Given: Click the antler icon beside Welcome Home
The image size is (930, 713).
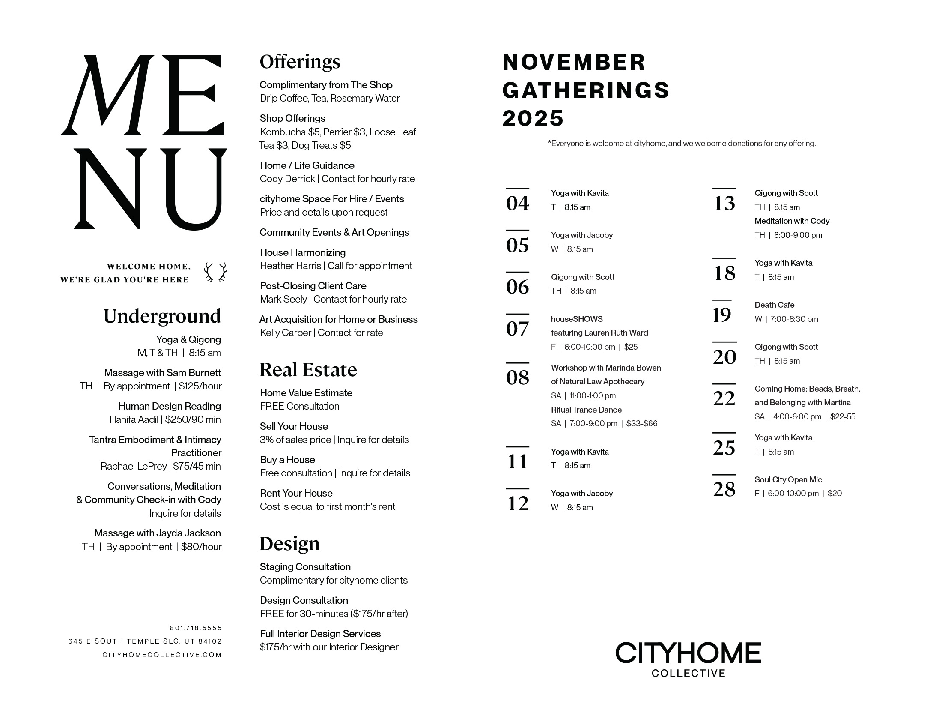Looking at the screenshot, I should [x=215, y=273].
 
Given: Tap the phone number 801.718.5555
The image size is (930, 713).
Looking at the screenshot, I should [x=196, y=628].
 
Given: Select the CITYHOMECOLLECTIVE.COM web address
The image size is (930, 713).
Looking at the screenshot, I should [x=162, y=655].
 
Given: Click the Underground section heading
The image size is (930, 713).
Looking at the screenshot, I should [x=162, y=316].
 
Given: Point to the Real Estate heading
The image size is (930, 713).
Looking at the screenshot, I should [x=308, y=370].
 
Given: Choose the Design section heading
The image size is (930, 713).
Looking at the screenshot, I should [x=289, y=544].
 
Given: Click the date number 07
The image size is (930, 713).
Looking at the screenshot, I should [x=517, y=329].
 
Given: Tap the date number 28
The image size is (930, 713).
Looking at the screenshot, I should [x=724, y=489].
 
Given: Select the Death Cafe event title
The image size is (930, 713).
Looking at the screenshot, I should [x=774, y=305].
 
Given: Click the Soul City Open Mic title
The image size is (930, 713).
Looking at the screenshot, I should [x=788, y=480].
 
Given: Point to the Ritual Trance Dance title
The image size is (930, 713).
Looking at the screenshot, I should [x=586, y=410].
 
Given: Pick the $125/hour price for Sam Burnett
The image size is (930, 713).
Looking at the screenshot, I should [x=200, y=386].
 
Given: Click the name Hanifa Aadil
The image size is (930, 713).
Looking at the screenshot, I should [x=134, y=420].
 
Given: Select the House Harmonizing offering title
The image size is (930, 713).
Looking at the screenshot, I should [x=302, y=253].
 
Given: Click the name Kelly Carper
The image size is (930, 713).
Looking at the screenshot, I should [x=285, y=333].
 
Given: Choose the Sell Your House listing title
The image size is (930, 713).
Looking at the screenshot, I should [x=294, y=427].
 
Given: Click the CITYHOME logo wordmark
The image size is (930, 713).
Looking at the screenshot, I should [x=688, y=653].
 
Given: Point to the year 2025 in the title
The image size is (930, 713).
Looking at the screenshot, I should [x=533, y=119].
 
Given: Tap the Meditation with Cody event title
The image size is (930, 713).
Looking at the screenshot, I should [x=792, y=221].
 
